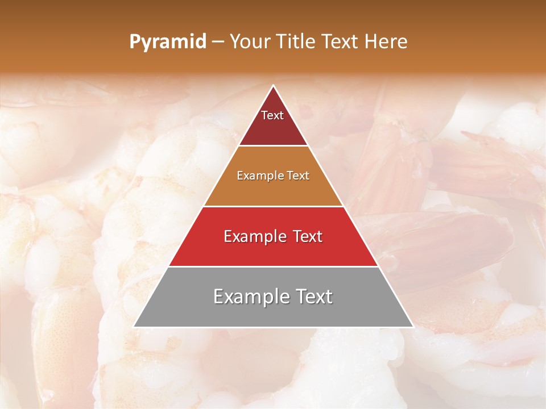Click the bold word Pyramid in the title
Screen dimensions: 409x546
pyautogui.click(x=168, y=42)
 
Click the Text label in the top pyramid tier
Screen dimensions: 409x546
pyautogui.click(x=272, y=115)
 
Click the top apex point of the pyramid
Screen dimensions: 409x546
pyautogui.click(x=273, y=86)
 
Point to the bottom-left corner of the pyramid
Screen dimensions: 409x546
pyautogui.click(x=134, y=326)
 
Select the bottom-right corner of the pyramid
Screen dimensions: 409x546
pyautogui.click(x=412, y=326)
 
